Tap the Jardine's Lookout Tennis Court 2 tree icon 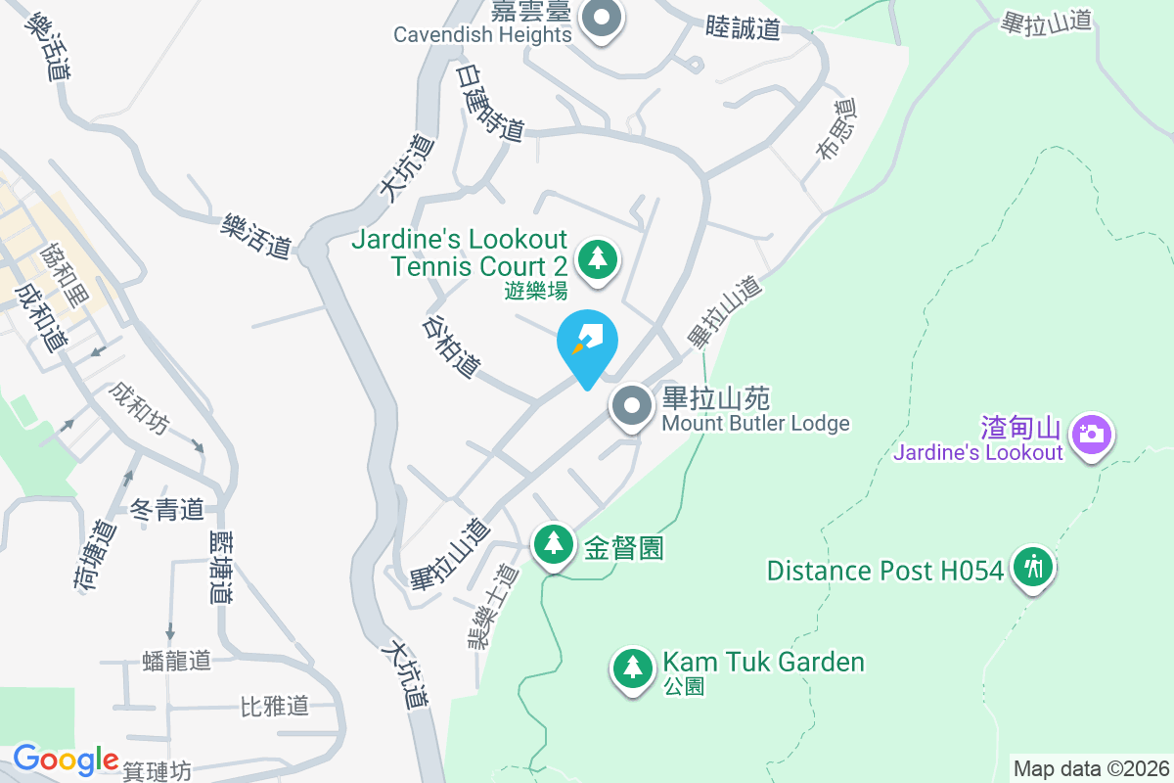(x=598, y=260)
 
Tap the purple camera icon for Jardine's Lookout (x=1092, y=434)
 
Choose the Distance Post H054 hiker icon (x=1032, y=567)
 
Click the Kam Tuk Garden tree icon (x=632, y=668)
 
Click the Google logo (x=65, y=760)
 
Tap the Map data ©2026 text (x=1091, y=768)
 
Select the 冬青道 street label (x=166, y=509)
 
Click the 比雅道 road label (x=275, y=706)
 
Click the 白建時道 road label (x=491, y=104)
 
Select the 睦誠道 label (x=743, y=28)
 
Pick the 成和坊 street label (x=139, y=408)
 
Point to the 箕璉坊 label (x=158, y=772)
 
